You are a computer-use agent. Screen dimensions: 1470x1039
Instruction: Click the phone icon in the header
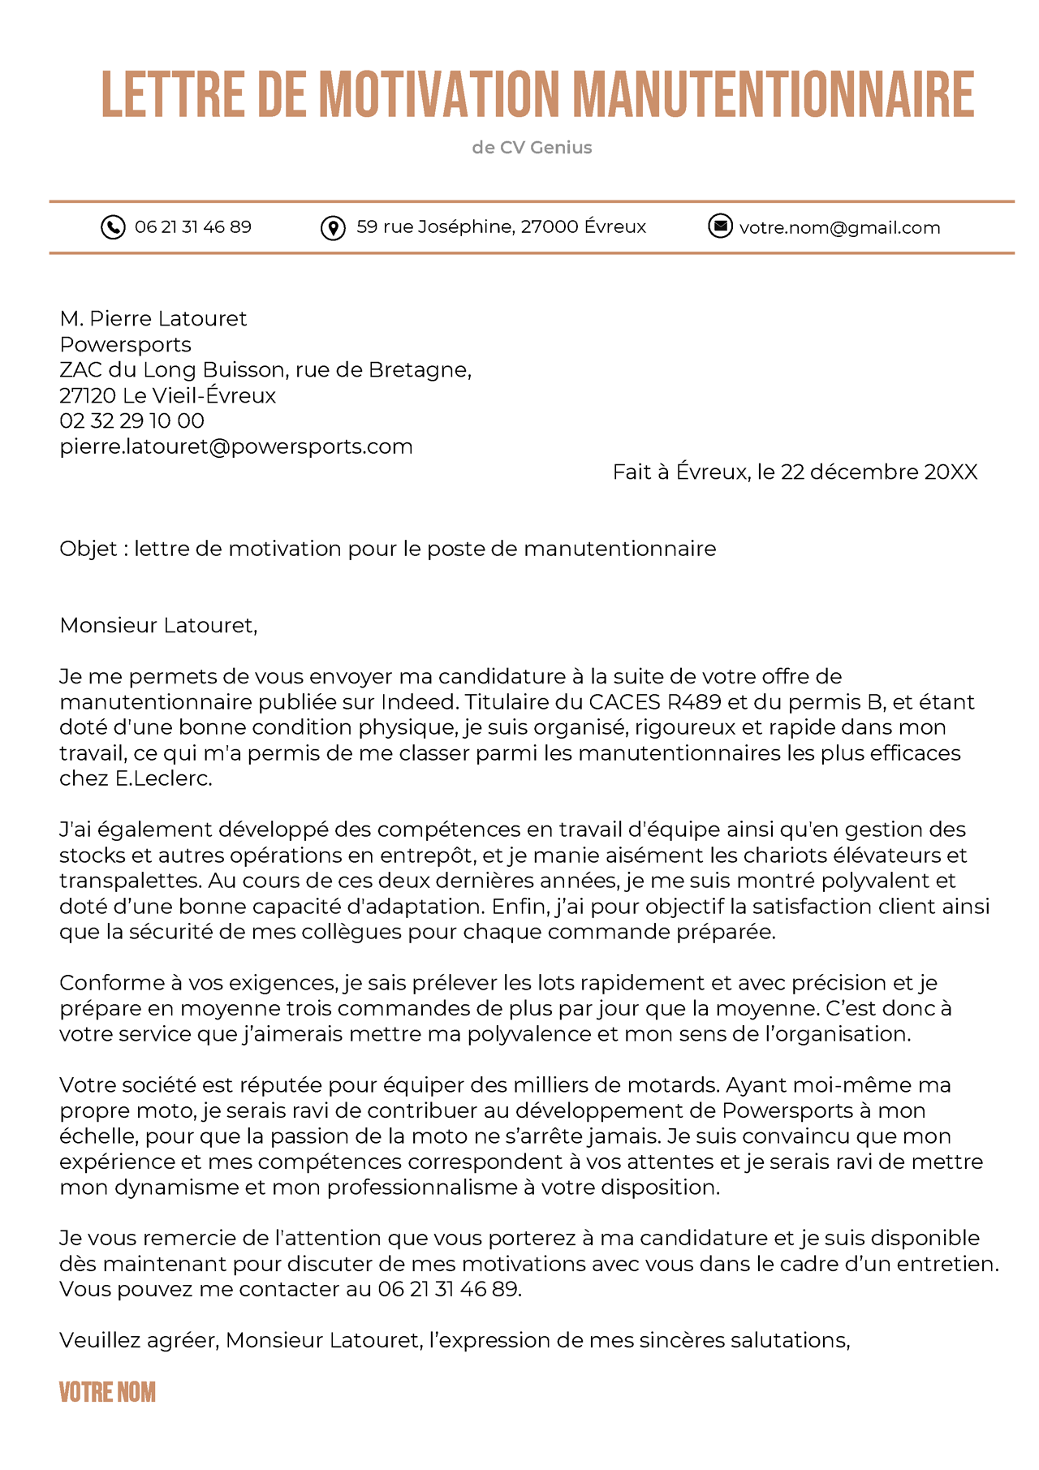click(113, 227)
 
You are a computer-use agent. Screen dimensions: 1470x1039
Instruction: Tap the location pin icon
click(333, 228)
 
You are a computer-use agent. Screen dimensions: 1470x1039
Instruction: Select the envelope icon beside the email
click(720, 226)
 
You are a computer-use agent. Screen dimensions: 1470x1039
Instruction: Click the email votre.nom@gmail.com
click(839, 228)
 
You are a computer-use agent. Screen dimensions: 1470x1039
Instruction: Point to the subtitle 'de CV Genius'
click(532, 148)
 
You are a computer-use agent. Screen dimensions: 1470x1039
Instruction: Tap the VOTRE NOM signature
click(107, 1393)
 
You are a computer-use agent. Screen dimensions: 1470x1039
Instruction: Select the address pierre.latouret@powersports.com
click(236, 446)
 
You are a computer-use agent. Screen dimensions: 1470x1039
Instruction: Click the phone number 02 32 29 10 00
click(131, 420)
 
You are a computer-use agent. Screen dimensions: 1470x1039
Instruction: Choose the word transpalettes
click(131, 881)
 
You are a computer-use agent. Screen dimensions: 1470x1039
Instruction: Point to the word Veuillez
click(99, 1340)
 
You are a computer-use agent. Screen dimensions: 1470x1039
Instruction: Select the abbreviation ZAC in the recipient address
click(80, 370)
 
